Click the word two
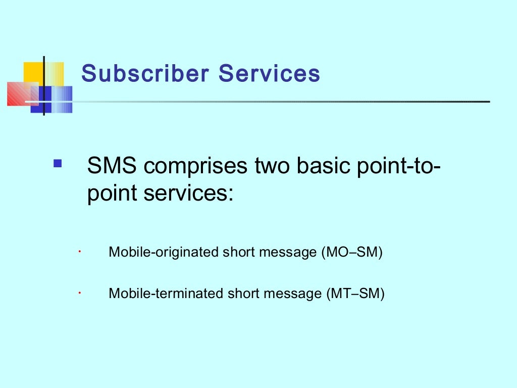click(269, 166)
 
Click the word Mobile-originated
click(164, 252)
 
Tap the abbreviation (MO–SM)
click(352, 252)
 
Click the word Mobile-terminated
click(166, 293)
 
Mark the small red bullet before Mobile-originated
click(80, 251)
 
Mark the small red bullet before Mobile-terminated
click(80, 292)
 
